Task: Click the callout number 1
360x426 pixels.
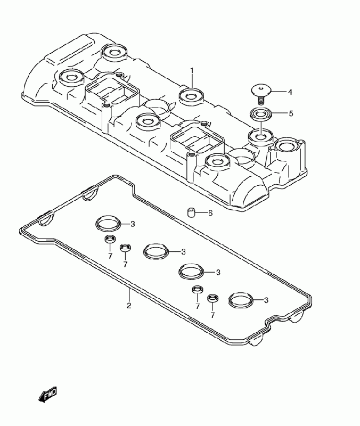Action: point(192,71)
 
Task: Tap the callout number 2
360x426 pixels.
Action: point(128,305)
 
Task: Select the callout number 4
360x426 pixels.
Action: point(290,92)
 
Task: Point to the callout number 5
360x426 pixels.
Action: point(290,113)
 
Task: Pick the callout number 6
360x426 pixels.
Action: point(210,213)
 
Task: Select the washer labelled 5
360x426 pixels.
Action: point(260,113)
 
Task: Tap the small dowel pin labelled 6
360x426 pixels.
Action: point(191,213)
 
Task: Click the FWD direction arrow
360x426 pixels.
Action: point(47,395)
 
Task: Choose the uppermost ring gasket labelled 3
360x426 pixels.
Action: point(108,224)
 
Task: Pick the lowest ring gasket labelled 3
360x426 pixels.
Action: point(241,301)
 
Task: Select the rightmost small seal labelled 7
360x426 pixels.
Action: point(212,299)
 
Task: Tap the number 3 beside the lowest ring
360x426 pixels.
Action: point(266,300)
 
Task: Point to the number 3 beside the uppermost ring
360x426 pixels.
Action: point(133,224)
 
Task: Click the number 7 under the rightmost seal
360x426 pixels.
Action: point(212,315)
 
